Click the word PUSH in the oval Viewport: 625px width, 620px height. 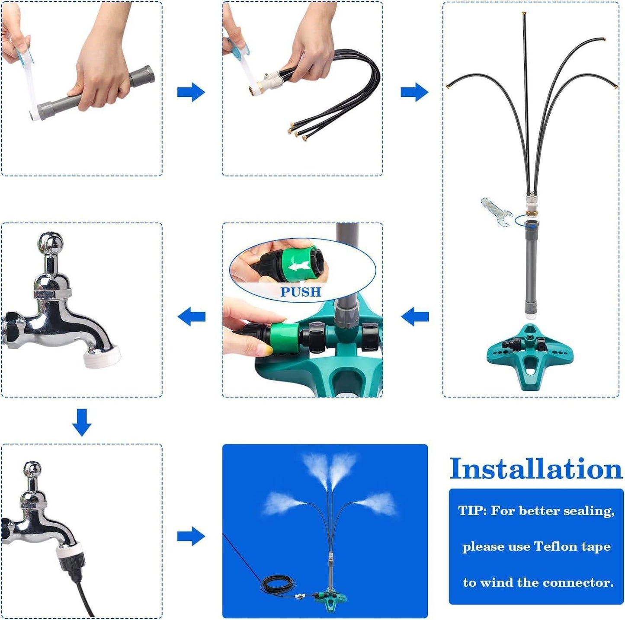tap(301, 292)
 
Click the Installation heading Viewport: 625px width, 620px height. tap(535, 469)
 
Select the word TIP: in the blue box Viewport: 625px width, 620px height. tap(472, 511)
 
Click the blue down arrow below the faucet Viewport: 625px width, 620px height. tap(82, 422)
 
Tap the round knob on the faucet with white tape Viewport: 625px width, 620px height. tap(51, 243)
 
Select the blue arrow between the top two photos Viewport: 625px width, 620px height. tap(191, 92)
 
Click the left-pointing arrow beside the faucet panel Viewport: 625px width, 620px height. tap(192, 316)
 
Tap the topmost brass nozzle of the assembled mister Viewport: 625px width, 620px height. tap(524, 14)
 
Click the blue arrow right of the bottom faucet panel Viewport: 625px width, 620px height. tap(191, 537)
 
